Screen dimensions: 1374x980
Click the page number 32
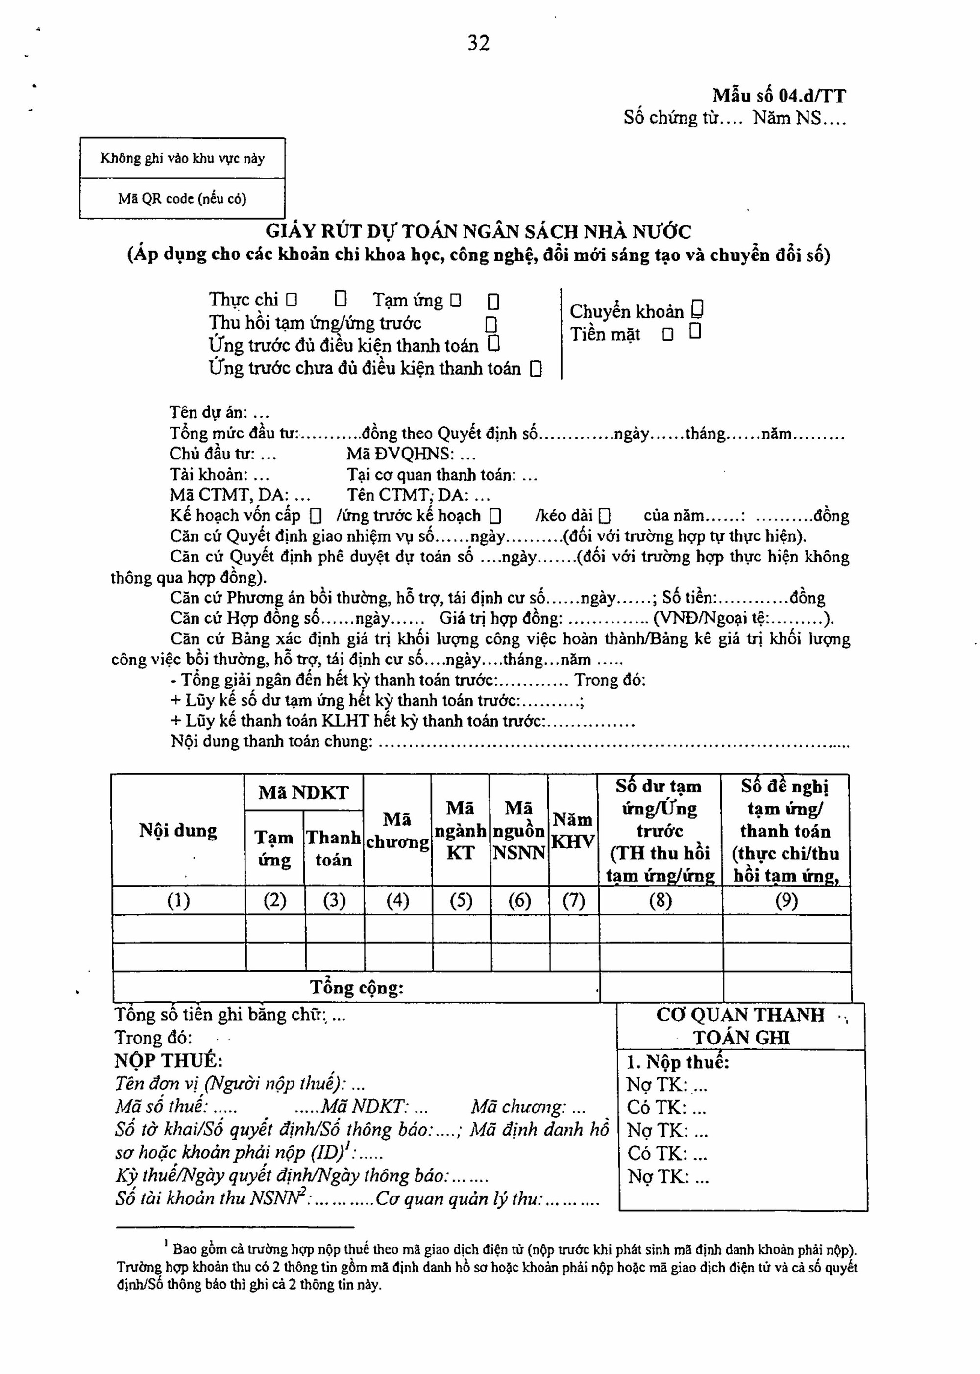[479, 43]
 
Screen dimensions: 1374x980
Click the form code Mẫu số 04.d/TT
[779, 96]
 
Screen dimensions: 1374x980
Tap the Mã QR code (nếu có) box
[182, 199]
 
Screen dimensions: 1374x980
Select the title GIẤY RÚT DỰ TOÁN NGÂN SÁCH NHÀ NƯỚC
[479, 231]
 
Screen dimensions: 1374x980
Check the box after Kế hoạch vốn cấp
[315, 516]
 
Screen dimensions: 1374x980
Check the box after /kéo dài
[605, 516]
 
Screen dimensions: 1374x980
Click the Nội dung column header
[178, 831]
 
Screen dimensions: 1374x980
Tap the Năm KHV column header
[573, 831]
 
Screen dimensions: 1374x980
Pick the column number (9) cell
[786, 900]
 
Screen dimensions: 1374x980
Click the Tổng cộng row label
[357, 988]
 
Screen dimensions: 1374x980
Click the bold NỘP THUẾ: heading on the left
[169, 1061]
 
